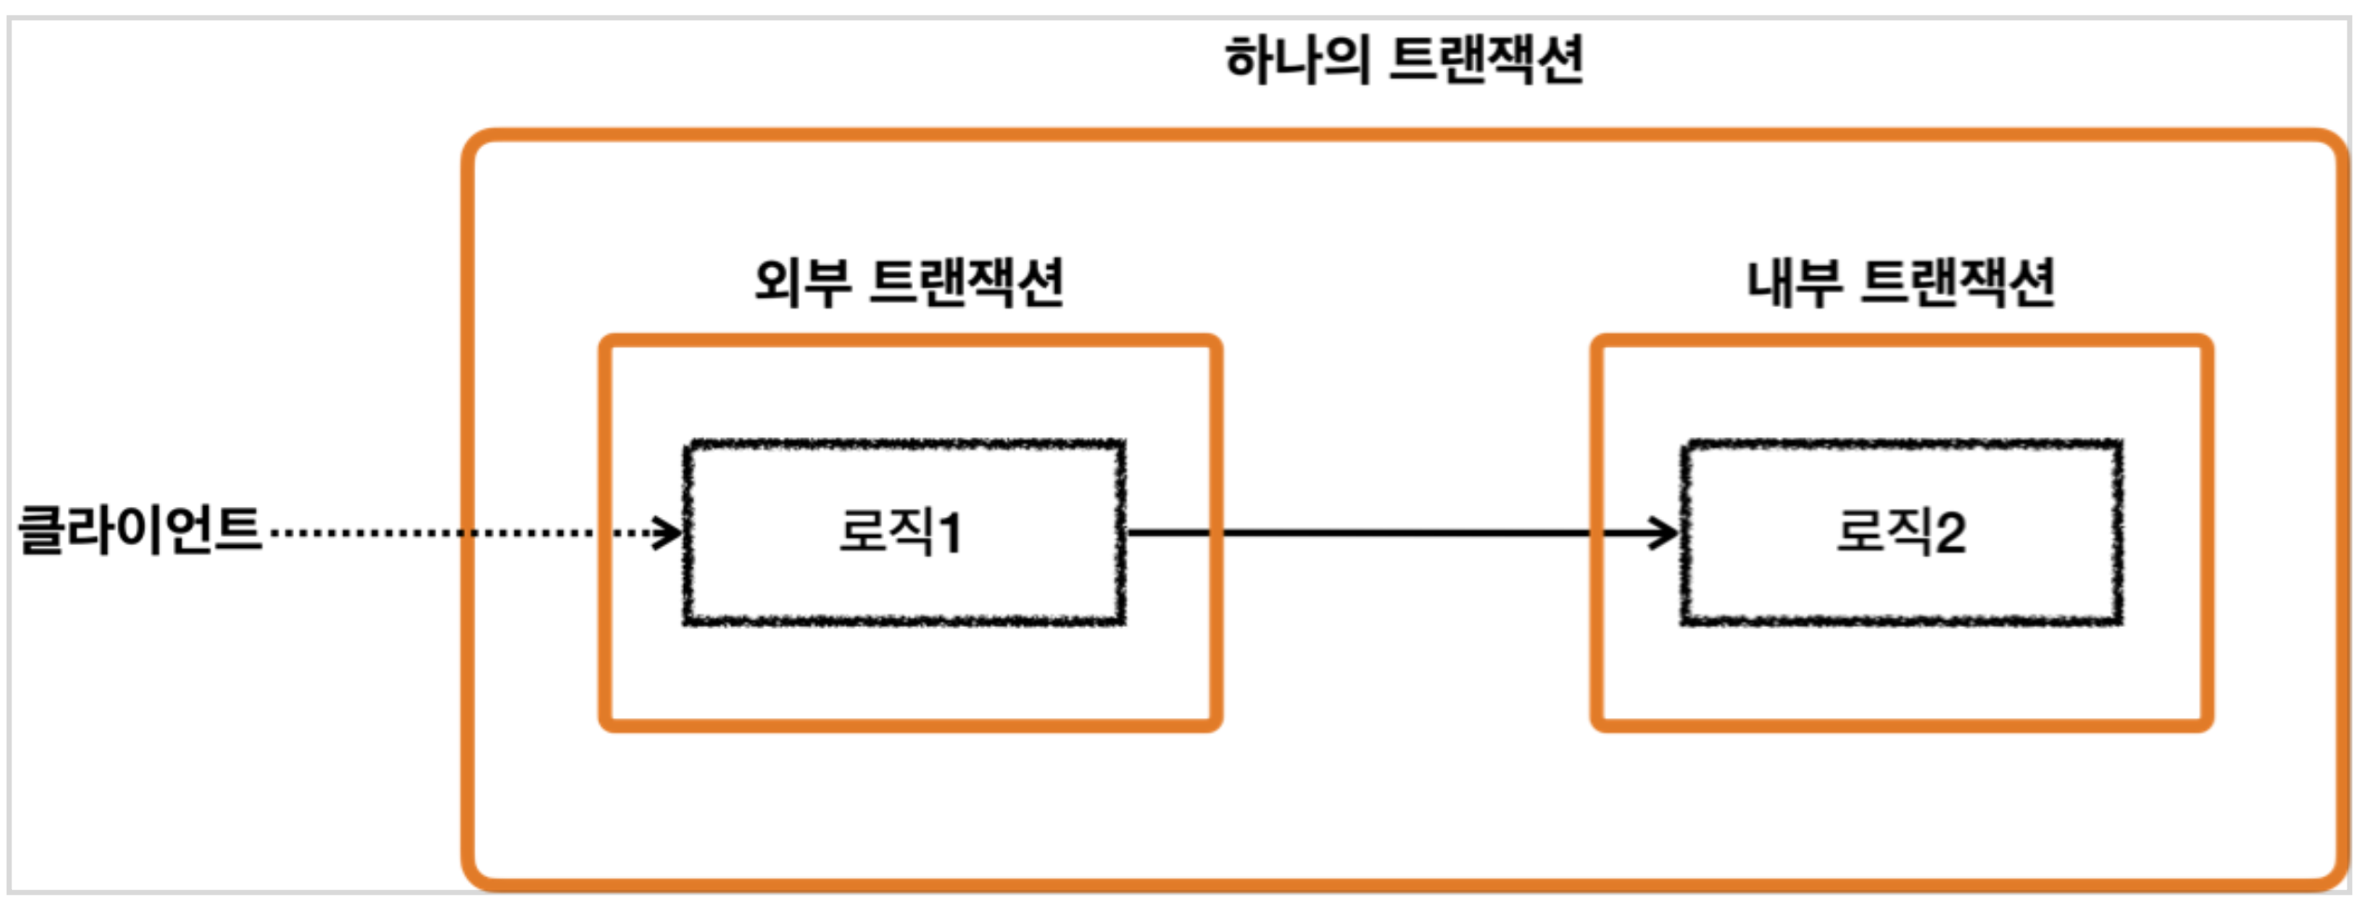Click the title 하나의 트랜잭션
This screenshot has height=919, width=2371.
coord(1403,60)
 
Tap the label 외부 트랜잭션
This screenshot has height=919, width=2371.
coord(908,282)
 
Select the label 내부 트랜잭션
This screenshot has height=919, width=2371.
coord(1900,282)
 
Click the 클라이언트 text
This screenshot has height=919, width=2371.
coord(140,530)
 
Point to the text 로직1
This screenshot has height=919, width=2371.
coord(901,532)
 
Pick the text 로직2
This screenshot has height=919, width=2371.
coord(1900,532)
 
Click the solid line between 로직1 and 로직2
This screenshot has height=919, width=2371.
coord(1396,533)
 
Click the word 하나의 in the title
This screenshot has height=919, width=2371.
coord(1297,60)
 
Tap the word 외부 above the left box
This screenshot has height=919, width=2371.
coord(802,282)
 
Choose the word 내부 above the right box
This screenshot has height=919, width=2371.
coord(1794,282)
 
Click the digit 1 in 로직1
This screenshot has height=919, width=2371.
coord(950,534)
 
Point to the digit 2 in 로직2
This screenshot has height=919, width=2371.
coord(1950,534)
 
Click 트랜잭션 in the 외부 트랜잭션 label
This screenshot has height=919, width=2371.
coord(966,282)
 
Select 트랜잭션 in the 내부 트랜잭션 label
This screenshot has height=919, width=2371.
coord(1958,282)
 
